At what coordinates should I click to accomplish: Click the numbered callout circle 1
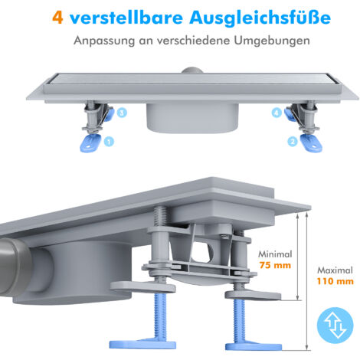[x=109, y=140]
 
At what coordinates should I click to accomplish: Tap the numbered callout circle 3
[x=122, y=112]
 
